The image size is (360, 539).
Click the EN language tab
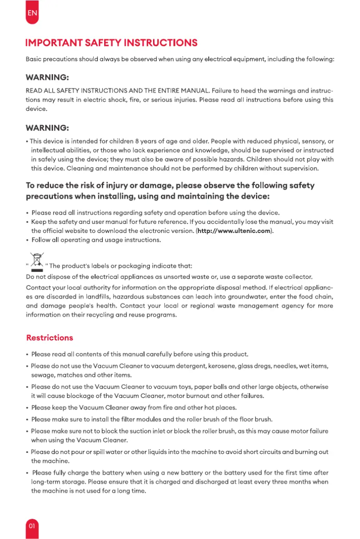click(32, 13)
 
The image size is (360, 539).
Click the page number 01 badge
click(32, 526)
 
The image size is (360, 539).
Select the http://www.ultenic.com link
click(234, 231)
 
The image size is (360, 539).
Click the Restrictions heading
click(49, 337)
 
